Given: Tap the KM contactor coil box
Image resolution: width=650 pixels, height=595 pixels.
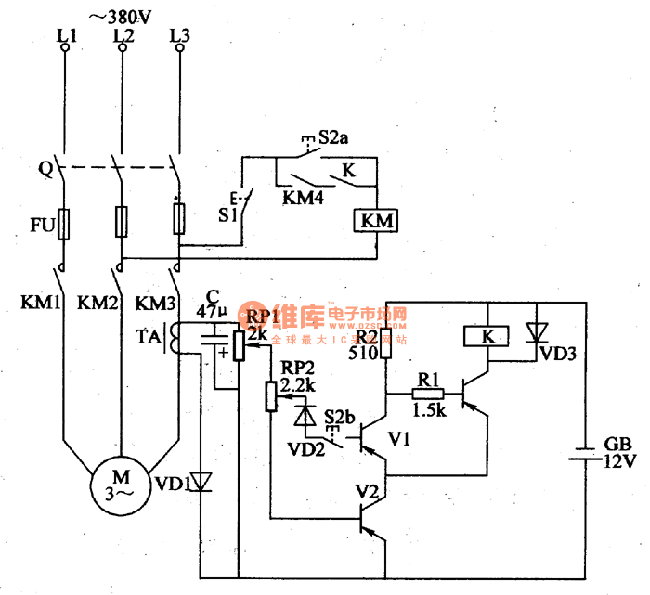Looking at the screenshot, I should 376,222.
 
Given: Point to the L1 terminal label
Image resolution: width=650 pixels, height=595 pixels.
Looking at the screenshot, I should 65,35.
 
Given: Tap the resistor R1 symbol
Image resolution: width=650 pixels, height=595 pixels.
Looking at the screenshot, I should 428,393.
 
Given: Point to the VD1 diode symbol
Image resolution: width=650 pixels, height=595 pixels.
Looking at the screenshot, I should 201,482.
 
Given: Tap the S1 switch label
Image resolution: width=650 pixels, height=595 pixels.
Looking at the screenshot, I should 227,214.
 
